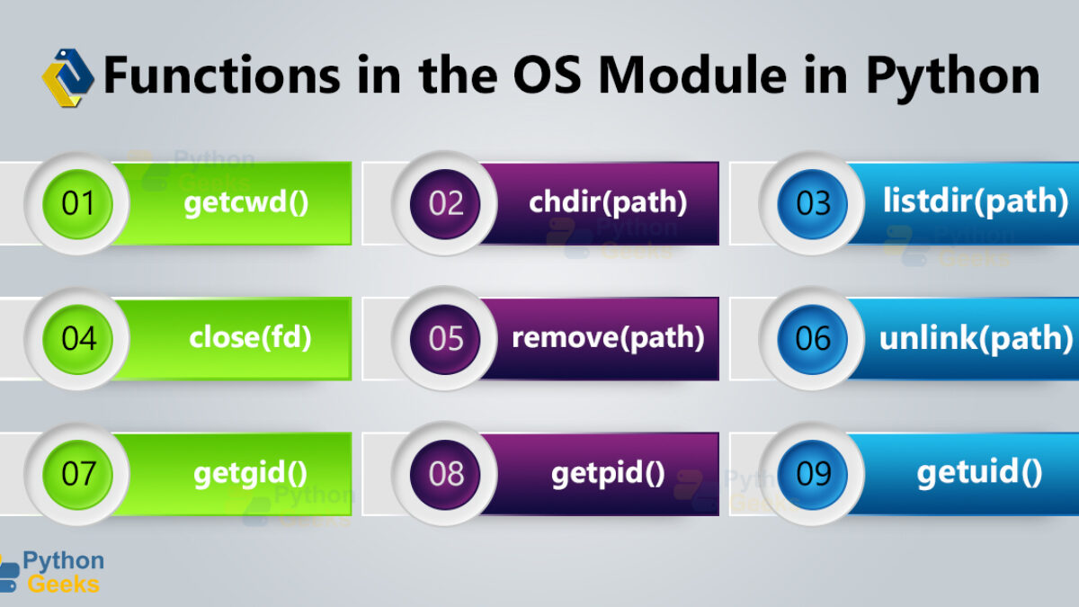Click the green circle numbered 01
[77, 204]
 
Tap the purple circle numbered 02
[445, 204]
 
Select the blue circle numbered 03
[812, 204]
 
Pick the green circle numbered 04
[77, 339]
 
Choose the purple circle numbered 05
[445, 339]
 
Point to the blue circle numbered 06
[812, 339]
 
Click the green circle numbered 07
[77, 475]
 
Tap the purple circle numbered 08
[445, 475]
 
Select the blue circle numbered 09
[812, 475]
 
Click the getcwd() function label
[246, 203]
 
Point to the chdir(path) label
[608, 201]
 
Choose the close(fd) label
[250, 337]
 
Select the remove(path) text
[608, 338]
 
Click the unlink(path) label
[976, 338]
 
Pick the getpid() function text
[608, 474]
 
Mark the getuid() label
[979, 473]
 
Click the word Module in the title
[692, 76]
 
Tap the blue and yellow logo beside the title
[68, 77]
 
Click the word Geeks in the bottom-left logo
[64, 585]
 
